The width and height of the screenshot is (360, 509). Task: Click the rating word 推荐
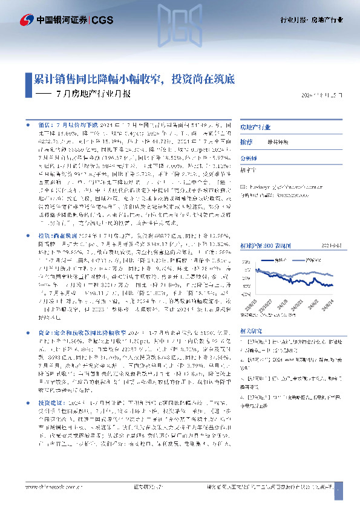tap(246, 140)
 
